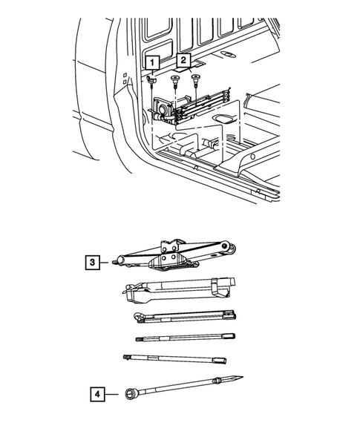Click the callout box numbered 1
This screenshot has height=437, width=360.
152,62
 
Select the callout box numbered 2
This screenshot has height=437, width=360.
183,60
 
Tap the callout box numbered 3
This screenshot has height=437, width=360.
92,262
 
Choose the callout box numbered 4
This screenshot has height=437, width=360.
97,394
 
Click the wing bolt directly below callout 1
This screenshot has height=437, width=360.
151,81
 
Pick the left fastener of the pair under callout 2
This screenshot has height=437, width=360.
175,80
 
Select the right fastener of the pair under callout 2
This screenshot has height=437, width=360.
196,79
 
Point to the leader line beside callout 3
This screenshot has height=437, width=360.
104,262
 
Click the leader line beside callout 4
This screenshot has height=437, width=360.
111,394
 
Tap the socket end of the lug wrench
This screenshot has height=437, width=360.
131,394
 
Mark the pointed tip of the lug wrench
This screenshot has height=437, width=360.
242,377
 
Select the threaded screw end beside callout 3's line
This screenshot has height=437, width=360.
115,262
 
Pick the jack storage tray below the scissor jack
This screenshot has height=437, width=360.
178,290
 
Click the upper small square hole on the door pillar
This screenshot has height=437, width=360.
125,75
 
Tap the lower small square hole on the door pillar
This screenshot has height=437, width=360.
125,82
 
